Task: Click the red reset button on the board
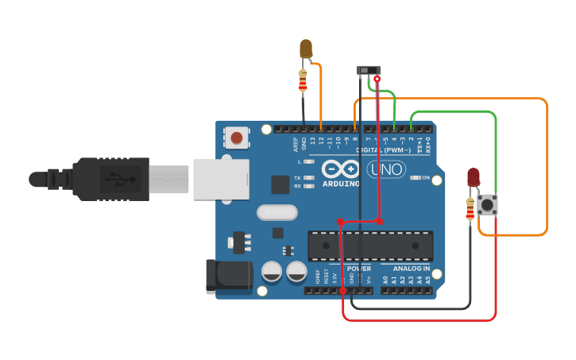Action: click(236, 138)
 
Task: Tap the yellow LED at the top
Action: click(306, 49)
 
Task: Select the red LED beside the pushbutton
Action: click(474, 176)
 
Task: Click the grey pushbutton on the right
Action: click(487, 205)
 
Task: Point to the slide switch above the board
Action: click(368, 71)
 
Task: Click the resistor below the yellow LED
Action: click(303, 81)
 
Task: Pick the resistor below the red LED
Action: click(470, 209)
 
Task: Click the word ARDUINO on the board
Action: click(340, 184)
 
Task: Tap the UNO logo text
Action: click(386, 169)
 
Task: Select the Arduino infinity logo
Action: click(340, 169)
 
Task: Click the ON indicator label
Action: click(425, 178)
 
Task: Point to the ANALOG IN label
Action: click(410, 269)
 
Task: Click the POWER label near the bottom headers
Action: click(358, 269)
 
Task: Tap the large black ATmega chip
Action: click(370, 246)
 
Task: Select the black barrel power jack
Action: click(228, 275)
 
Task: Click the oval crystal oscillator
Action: click(277, 212)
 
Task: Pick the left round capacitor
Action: click(272, 271)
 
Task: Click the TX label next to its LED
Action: click(297, 178)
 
